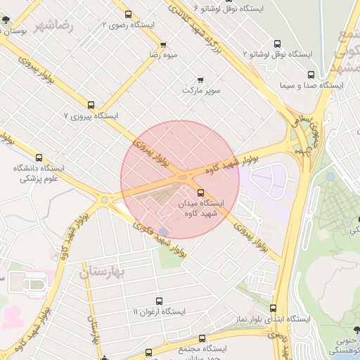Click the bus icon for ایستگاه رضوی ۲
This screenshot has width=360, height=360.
point(128,13)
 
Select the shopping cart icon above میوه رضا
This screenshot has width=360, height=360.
point(163,44)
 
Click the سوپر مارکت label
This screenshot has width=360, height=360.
point(202,91)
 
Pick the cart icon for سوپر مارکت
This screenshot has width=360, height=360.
point(202,79)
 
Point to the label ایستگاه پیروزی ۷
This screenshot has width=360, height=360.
point(91,115)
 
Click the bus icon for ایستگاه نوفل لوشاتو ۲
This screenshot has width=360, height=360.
point(276,43)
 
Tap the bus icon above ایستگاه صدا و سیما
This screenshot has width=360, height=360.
point(311,74)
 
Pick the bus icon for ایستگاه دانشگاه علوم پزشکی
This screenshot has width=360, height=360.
point(39,157)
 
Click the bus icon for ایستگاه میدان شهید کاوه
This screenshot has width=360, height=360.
point(201,192)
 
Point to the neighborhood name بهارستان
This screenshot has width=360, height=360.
point(102,271)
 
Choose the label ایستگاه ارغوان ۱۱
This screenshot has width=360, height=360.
point(160,311)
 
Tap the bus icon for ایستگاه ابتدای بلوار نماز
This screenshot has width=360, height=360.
point(273,308)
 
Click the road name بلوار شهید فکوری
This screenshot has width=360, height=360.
point(160,238)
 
